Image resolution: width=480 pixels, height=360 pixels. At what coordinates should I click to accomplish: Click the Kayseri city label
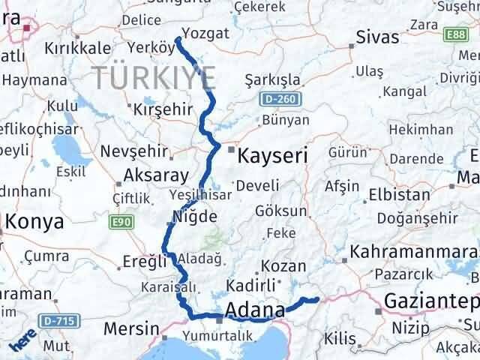click(272, 157)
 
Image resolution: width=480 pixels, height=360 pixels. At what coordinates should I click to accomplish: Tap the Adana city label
click(255, 310)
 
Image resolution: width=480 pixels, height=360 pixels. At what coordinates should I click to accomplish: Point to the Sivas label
click(377, 37)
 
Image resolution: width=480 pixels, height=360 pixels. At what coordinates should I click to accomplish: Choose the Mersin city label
click(130, 328)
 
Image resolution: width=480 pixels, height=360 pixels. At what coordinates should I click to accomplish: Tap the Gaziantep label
click(431, 301)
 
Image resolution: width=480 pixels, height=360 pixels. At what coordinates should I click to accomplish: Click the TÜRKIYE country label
click(154, 77)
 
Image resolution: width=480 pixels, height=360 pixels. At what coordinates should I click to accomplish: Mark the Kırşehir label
click(163, 109)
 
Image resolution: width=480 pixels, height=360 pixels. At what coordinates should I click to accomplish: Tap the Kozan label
click(285, 266)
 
